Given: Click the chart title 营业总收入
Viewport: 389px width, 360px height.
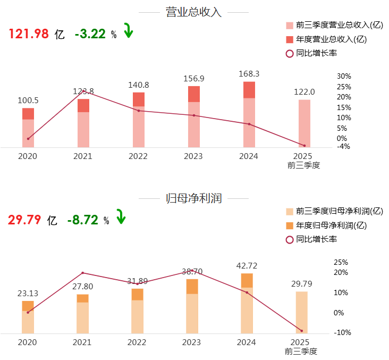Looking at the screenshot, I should tap(193, 12).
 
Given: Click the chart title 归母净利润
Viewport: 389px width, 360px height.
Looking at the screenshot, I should tap(193, 199).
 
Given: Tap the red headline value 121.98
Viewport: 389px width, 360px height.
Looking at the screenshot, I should tap(29, 34).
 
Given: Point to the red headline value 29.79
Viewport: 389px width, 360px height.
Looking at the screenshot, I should tap(24, 220).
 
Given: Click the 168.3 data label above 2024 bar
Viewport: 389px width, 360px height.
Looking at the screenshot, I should tap(249, 74).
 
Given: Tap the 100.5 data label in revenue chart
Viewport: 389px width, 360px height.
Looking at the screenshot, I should tap(28, 100).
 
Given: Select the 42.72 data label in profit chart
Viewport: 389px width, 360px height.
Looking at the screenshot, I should tap(247, 265).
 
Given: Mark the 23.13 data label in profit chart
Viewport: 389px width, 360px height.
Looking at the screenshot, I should tap(28, 293).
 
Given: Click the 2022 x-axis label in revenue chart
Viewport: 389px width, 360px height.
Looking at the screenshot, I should tap(138, 156).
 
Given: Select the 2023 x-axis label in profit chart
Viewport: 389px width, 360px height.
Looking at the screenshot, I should tap(192, 342).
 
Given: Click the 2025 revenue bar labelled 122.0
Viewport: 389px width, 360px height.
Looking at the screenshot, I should tap(304, 123).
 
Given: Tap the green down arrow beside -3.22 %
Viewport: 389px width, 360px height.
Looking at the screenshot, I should tap(128, 31).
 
